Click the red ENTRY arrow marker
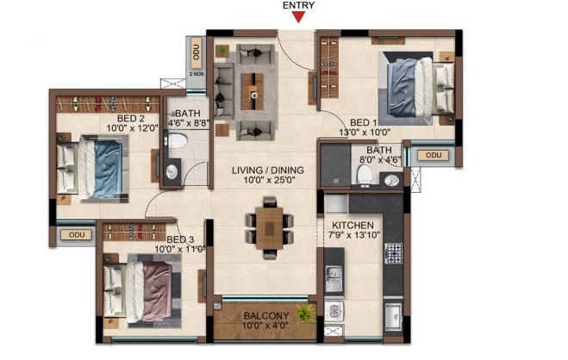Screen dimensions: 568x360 298,17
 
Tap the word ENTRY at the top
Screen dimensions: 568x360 299,5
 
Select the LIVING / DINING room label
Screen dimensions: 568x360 268,170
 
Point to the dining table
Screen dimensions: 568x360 269,228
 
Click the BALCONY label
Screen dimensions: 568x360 265,316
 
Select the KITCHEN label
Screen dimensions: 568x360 353,225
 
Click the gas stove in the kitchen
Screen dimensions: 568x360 393,253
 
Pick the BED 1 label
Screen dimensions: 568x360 364,122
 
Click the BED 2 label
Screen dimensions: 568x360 131,118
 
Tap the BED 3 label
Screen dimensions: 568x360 180,239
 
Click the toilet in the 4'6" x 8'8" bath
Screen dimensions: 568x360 178,140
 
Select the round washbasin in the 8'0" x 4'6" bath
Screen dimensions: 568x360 391,181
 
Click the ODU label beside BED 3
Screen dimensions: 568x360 77,234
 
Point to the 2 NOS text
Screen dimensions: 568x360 197,74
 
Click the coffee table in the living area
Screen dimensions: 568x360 254,91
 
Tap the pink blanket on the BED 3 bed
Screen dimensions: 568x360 157,291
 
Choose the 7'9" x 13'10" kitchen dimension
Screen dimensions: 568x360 354,235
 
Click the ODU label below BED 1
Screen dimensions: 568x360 434,155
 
